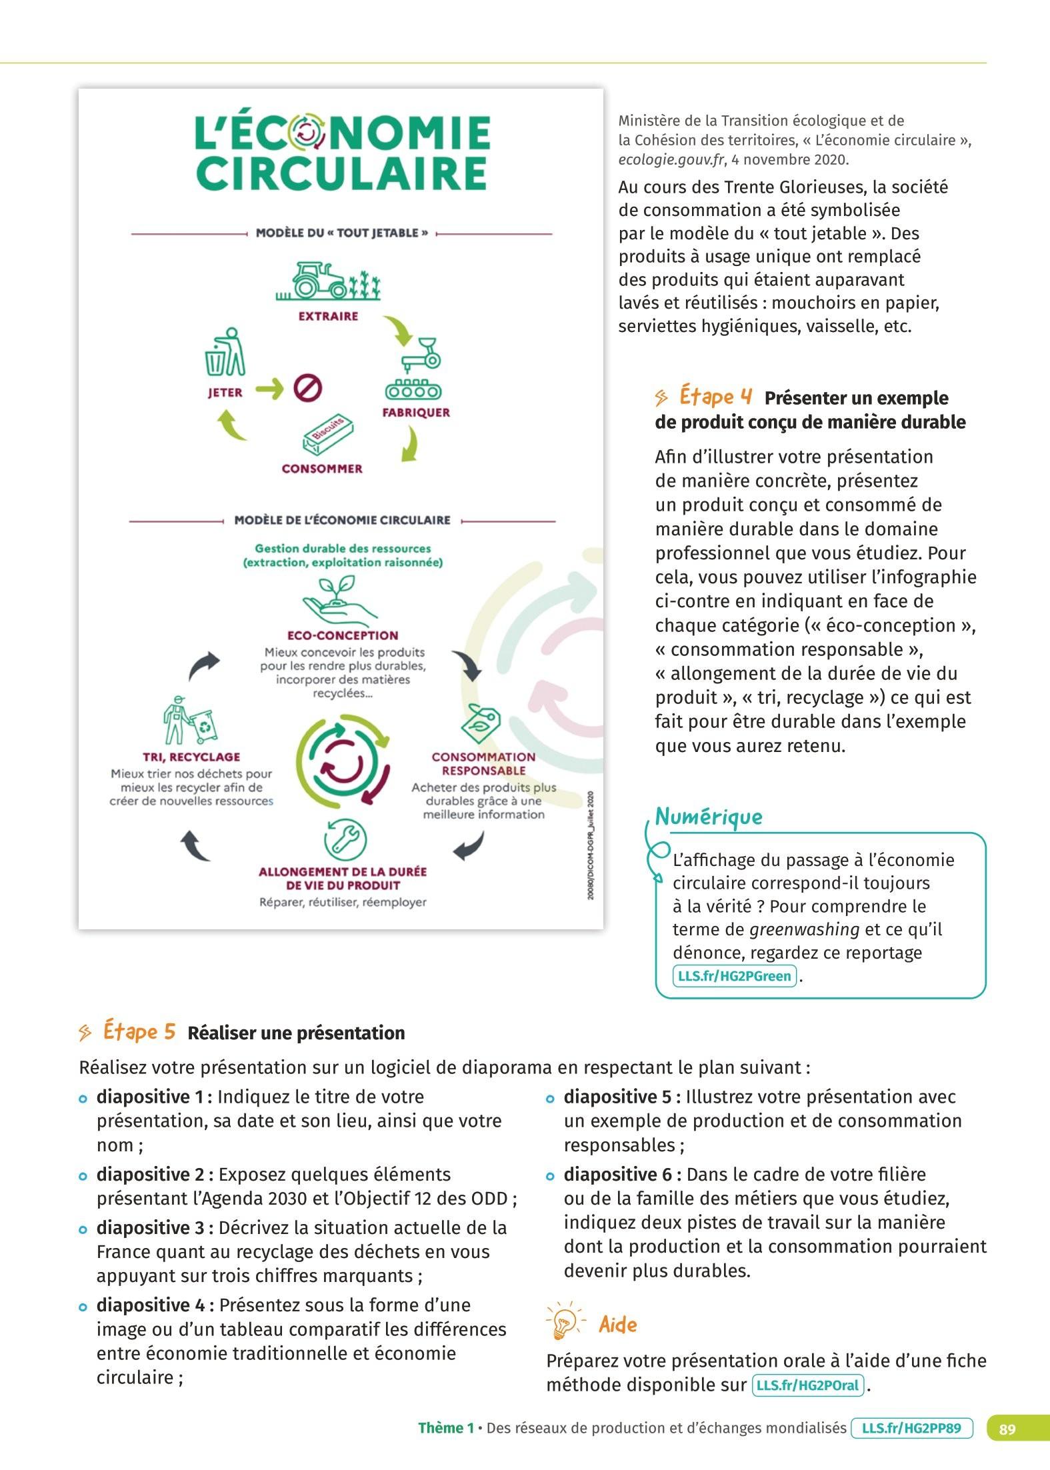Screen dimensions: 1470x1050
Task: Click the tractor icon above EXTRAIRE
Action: (328, 281)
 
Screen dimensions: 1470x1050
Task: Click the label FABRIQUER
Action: (416, 413)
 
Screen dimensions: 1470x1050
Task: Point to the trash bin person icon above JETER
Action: (225, 352)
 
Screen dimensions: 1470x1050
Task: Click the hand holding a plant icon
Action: (339, 601)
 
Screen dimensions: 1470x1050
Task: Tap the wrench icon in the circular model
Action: (345, 839)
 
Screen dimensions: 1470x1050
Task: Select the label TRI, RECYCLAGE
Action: (191, 757)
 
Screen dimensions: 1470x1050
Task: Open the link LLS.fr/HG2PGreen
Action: (735, 976)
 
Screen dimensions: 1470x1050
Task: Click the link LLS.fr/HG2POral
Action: (807, 1385)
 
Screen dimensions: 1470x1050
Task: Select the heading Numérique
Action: (709, 816)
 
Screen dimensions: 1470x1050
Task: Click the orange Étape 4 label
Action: (715, 397)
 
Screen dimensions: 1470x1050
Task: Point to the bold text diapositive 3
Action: (155, 1227)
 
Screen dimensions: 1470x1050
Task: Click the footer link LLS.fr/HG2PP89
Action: (911, 1429)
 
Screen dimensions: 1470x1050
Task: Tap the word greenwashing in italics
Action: (804, 929)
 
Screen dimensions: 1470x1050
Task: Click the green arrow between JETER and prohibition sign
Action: (269, 388)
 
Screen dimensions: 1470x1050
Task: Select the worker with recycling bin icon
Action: (191, 721)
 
